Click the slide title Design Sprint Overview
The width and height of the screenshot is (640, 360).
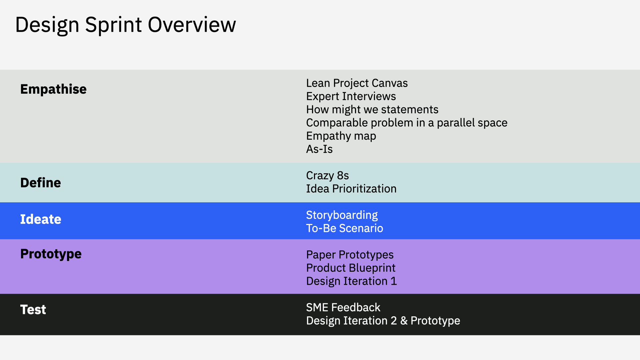pos(126,25)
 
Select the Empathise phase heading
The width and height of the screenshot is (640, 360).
pos(53,89)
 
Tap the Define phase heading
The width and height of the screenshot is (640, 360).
pos(41,183)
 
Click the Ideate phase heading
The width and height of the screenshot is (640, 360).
pos(41,219)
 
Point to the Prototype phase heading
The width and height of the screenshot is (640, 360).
pos(51,254)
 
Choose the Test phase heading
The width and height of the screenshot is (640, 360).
pos(33,309)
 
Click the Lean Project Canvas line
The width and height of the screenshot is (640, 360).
pos(357,83)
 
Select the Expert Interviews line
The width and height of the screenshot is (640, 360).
pos(351,96)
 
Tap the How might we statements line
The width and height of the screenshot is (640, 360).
pos(372,110)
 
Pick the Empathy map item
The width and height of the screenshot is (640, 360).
pos(341,136)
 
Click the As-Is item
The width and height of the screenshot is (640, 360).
pos(319,149)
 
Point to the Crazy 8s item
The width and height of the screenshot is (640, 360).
pos(328,176)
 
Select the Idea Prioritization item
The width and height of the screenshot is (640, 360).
pos(351,189)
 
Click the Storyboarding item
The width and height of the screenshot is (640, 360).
pos(342,215)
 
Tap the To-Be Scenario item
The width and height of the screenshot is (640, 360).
pos(345,228)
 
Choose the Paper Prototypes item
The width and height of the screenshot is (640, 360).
pos(350,255)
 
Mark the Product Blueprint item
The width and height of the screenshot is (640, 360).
pos(351,268)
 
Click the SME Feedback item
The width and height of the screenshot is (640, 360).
pos(343,307)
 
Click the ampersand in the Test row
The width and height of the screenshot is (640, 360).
pos(404,321)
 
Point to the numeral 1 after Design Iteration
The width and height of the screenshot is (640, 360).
pos(394,281)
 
